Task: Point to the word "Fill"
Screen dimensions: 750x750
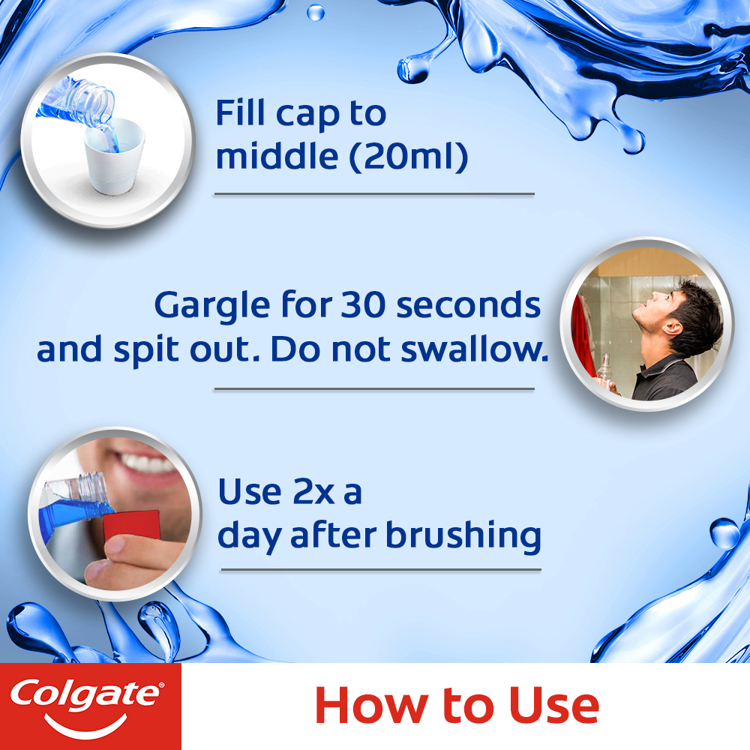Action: [241, 114]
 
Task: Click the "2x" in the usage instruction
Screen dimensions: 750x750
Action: [308, 493]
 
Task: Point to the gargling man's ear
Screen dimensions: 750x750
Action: [673, 327]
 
